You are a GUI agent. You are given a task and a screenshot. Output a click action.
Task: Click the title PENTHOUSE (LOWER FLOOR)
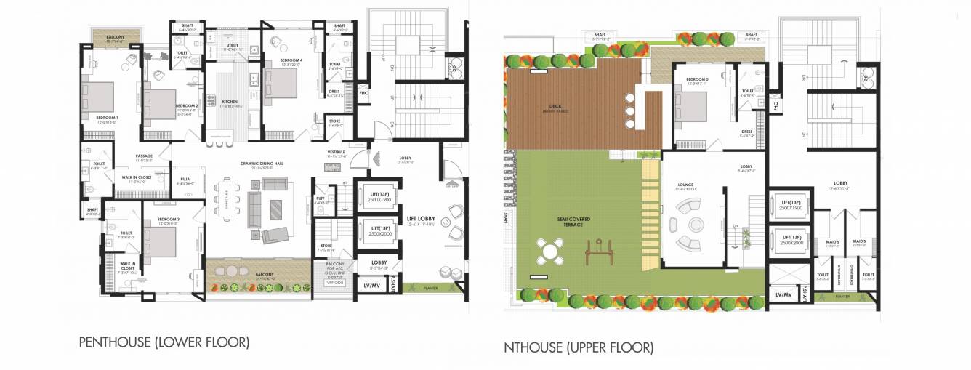click(x=164, y=342)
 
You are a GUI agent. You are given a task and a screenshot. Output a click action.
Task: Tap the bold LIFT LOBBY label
click(x=421, y=218)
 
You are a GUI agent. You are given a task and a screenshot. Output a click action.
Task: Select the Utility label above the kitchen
click(x=233, y=45)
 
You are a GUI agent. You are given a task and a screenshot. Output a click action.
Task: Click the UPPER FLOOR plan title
click(x=579, y=348)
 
